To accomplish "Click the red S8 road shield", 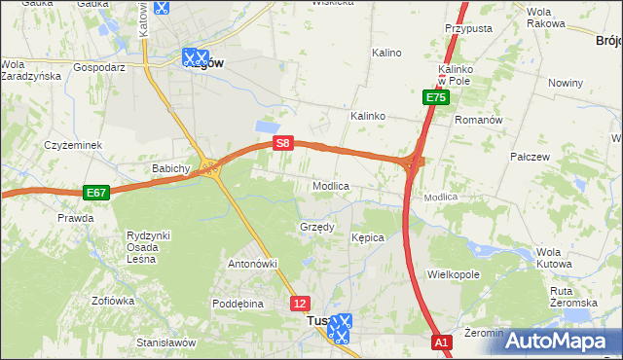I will pos(282,143).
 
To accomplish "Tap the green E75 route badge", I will pos(435,98).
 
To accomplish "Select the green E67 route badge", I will pos(95,193).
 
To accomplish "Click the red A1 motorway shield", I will pos(441,342).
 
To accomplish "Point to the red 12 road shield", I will pos(300,304).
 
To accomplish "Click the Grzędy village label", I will pos(316,227).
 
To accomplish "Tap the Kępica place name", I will pos(368,237).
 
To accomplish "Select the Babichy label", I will pos(170,168).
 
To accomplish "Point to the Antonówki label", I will pos(253,264).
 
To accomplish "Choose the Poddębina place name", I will pos(238,304).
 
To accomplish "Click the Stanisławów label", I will pos(166,342).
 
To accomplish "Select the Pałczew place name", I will pos(531,156).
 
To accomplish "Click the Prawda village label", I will pos(75,218).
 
